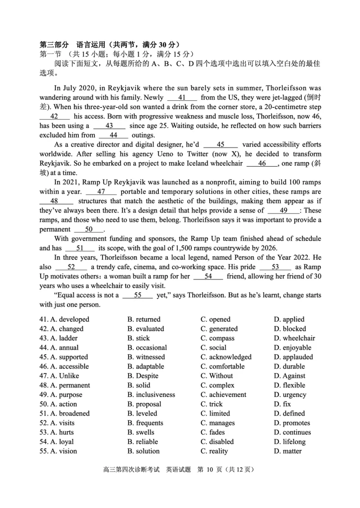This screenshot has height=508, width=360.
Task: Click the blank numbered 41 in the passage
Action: pyautogui.click(x=182, y=97)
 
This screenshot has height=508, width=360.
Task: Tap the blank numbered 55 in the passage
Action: pyautogui.click(x=137, y=295)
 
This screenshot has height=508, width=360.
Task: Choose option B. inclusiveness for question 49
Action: pyautogui.click(x=151, y=395)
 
